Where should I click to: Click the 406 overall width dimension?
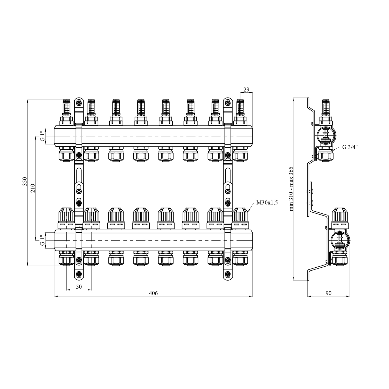click(x=153, y=293)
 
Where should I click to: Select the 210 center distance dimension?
click(x=33, y=187)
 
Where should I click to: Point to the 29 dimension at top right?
click(x=246, y=90)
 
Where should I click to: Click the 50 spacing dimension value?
click(x=79, y=287)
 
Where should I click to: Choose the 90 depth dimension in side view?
click(x=328, y=293)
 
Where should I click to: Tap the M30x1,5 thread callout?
click(x=267, y=203)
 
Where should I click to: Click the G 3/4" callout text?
click(x=350, y=147)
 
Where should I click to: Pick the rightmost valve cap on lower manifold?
click(x=240, y=215)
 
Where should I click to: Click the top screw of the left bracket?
click(x=79, y=103)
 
